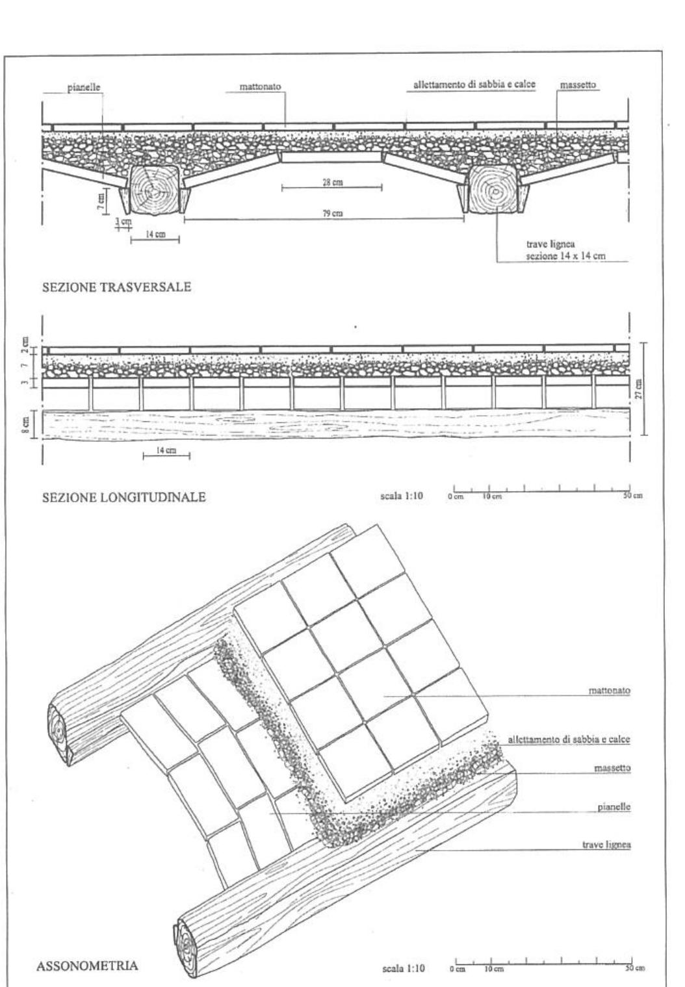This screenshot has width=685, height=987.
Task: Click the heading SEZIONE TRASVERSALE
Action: point(116,288)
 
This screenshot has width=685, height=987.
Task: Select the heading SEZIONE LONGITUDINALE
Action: point(123,498)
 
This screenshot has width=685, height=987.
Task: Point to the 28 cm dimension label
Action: point(332,183)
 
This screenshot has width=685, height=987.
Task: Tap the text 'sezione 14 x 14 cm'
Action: point(565,256)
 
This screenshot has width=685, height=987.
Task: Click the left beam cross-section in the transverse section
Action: point(154,189)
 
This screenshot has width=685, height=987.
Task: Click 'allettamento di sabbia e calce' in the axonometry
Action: point(569,739)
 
